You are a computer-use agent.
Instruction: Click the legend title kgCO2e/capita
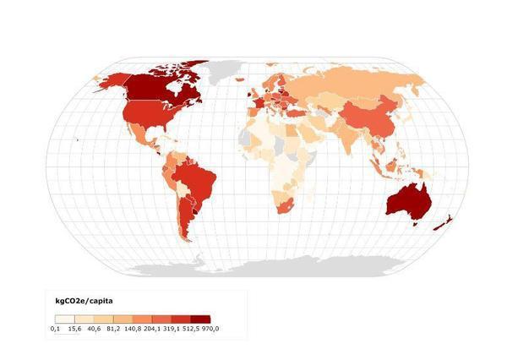[x=84, y=300]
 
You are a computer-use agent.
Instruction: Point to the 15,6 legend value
[x=74, y=328]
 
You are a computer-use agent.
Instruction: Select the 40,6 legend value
[x=93, y=328]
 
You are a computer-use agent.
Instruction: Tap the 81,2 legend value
[x=112, y=328]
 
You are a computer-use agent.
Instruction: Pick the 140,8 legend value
[x=133, y=328]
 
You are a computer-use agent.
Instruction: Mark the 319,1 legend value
[x=174, y=328]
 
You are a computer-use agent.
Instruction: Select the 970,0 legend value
[x=211, y=328]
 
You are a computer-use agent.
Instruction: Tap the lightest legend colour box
[x=64, y=319]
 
